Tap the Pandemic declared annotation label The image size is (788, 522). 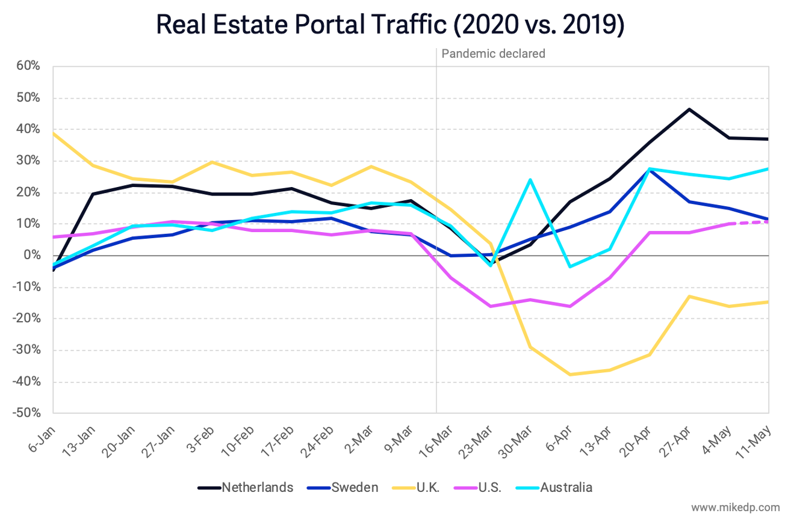[x=493, y=54]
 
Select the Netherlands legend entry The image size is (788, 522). [x=257, y=487]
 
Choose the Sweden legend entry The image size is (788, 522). [x=355, y=487]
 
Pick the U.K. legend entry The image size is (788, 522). [x=427, y=487]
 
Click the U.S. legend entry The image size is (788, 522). [x=488, y=487]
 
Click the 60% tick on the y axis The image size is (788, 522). [x=27, y=66]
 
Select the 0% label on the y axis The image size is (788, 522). [x=31, y=256]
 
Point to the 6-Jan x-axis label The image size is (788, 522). [x=43, y=442]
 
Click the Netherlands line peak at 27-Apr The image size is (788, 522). [x=689, y=109]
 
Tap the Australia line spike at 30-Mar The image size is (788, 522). [x=530, y=179]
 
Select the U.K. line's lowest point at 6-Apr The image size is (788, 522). [x=569, y=375]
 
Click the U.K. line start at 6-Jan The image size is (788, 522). [x=54, y=134]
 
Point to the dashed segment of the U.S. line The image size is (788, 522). [x=749, y=223]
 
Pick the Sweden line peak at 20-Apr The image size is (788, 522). [x=649, y=170]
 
